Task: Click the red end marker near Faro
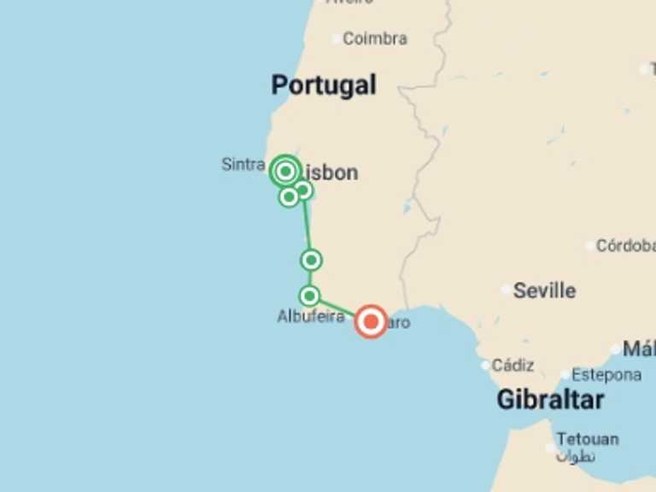pyautogui.click(x=371, y=321)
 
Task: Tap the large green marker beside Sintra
pyautogui.click(x=285, y=171)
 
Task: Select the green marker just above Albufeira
pyautogui.click(x=309, y=296)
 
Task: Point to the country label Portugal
pyautogui.click(x=324, y=85)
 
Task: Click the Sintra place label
pyautogui.click(x=243, y=164)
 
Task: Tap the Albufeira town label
pyautogui.click(x=311, y=317)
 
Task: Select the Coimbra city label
pyautogui.click(x=375, y=38)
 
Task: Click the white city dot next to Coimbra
pyautogui.click(x=336, y=38)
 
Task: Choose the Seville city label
pyautogui.click(x=544, y=290)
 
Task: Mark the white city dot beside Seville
pyautogui.click(x=506, y=290)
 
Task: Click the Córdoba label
pyautogui.click(x=625, y=246)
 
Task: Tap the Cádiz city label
pyautogui.click(x=512, y=366)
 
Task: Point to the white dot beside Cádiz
pyautogui.click(x=485, y=366)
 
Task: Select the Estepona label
pyautogui.click(x=606, y=375)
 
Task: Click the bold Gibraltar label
pyautogui.click(x=550, y=400)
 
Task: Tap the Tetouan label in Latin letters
pyautogui.click(x=588, y=439)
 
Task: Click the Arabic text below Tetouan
pyautogui.click(x=575, y=456)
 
